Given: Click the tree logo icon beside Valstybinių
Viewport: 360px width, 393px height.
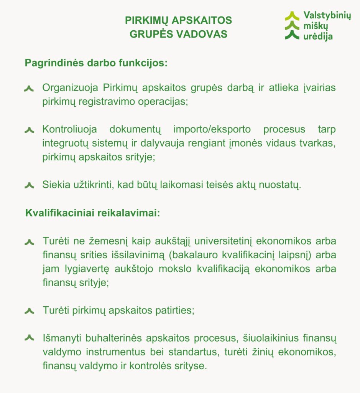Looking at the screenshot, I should pos(292,26).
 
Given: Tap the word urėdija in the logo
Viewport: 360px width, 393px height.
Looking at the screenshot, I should pos(318,37).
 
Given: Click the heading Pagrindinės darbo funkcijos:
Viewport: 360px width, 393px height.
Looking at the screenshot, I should pos(96,63).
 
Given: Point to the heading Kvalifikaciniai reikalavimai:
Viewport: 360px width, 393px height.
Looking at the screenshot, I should pos(92,213).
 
